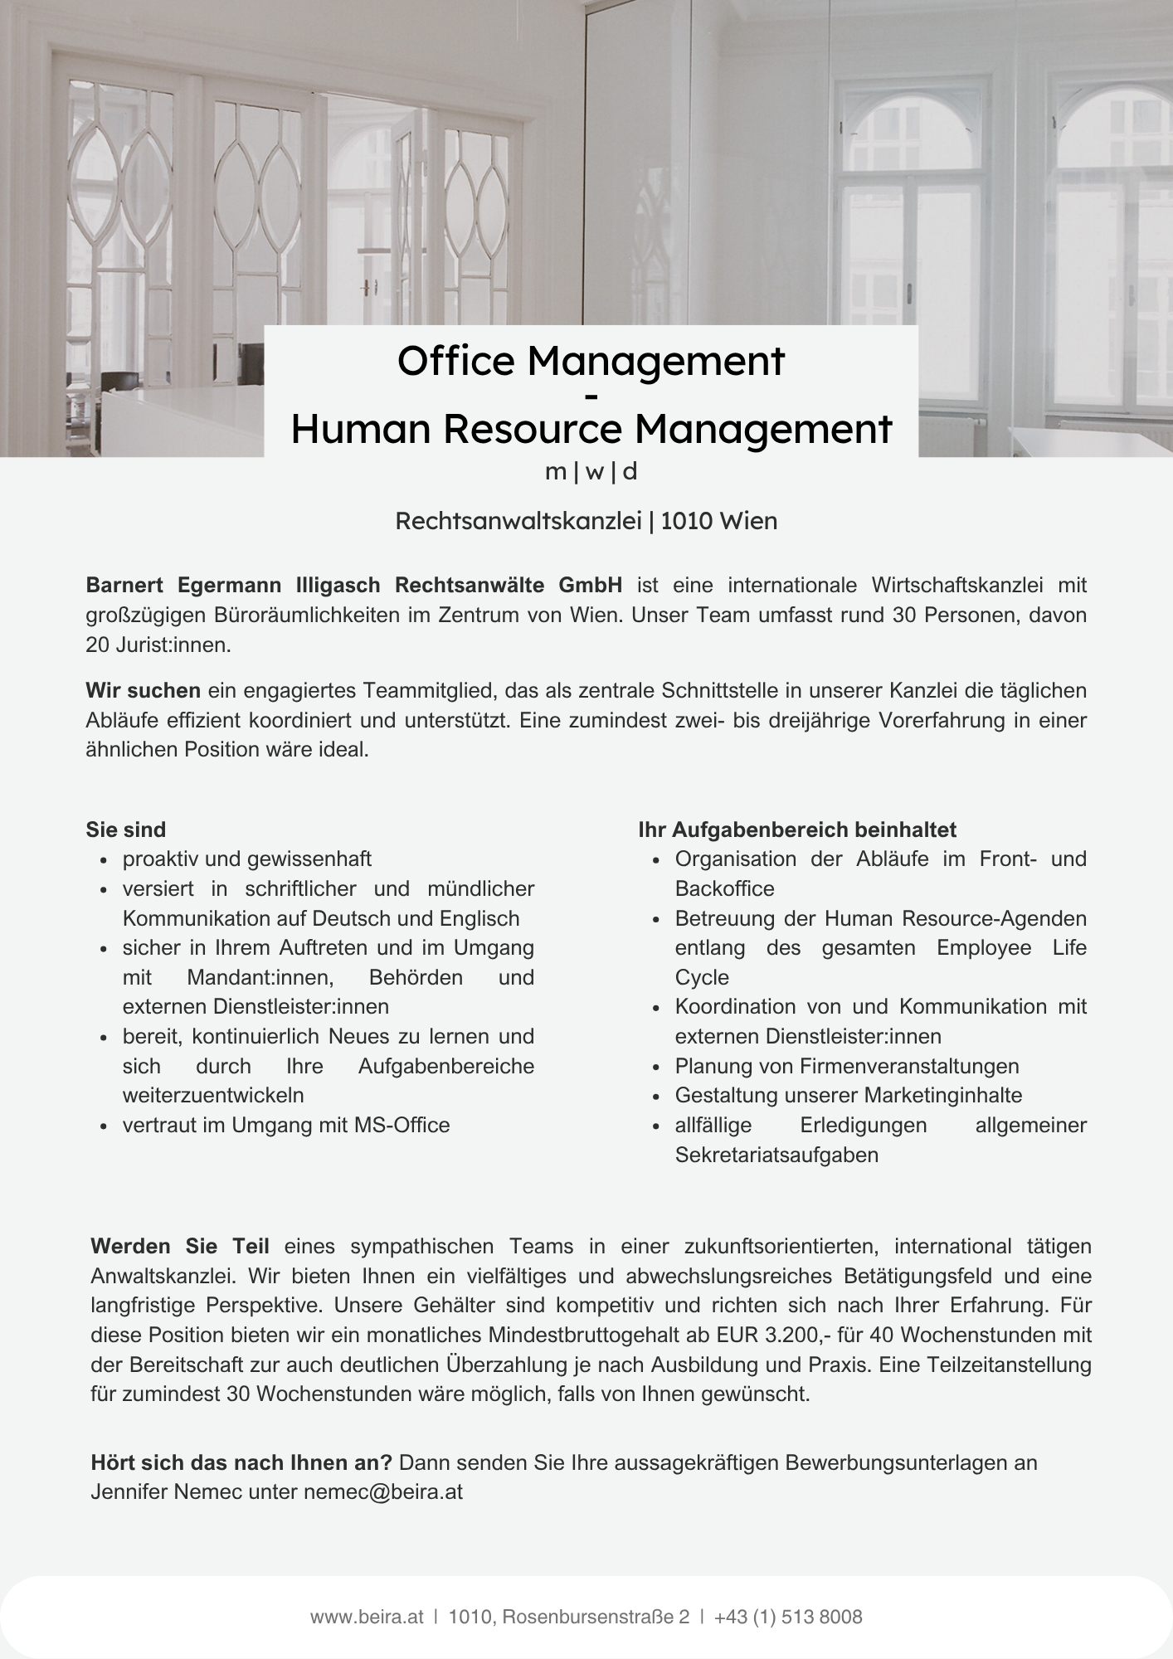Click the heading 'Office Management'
590,362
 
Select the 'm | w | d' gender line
591,472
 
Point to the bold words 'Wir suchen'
143,690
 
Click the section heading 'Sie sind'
126,829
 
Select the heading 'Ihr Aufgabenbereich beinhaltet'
797,829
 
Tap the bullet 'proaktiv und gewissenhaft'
247,859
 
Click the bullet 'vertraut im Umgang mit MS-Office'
286,1125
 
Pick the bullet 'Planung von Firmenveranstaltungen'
847,1066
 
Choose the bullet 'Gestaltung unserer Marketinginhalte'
849,1095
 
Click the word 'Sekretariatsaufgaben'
776,1155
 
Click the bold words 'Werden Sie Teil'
180,1246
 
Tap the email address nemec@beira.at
383,1491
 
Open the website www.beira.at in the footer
367,1617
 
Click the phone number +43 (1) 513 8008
787,1617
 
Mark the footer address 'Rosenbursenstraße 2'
596,1617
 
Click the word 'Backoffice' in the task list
724,888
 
